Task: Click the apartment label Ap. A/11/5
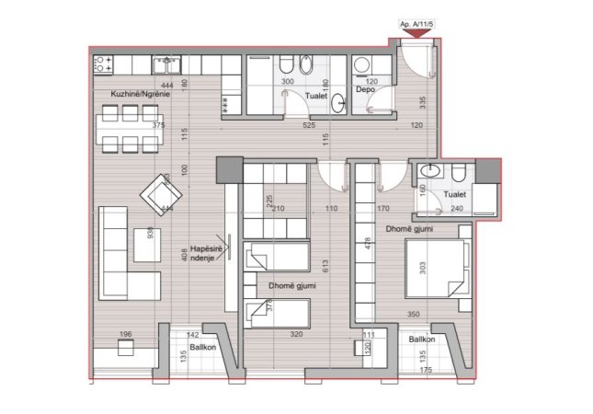(x=417, y=24)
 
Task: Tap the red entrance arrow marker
(x=416, y=34)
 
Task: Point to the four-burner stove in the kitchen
(x=102, y=63)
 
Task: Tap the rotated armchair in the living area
(x=161, y=193)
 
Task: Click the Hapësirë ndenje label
(x=203, y=252)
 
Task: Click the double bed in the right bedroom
(x=435, y=267)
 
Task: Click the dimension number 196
(x=126, y=335)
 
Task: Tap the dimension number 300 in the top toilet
(x=288, y=82)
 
